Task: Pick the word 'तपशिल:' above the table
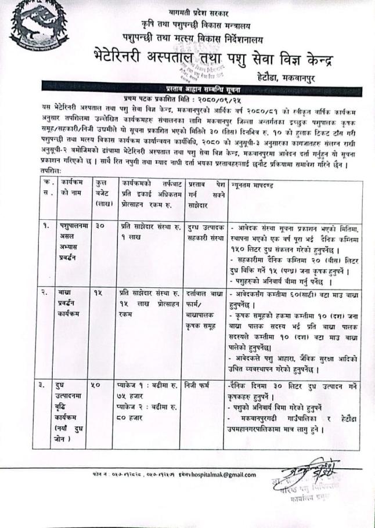51,173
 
